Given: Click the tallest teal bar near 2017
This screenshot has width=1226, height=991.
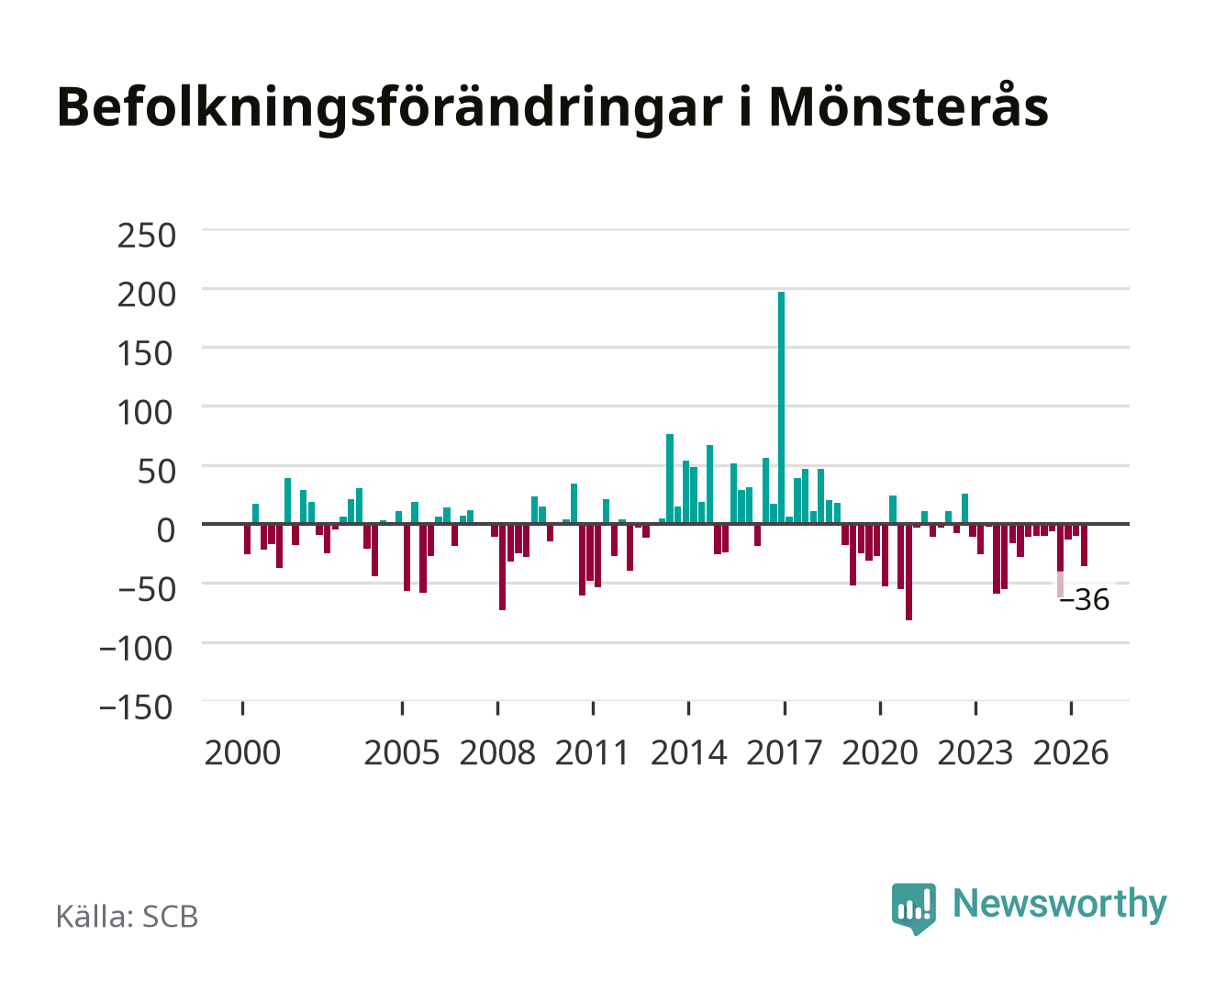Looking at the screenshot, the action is (x=781, y=407).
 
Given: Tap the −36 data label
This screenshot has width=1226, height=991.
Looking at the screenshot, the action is (x=1084, y=600).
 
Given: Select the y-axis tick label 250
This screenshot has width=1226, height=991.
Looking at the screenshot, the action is (x=146, y=236).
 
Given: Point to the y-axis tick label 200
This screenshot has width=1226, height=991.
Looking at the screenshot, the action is (x=146, y=295).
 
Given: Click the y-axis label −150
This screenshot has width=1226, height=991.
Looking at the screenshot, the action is (x=136, y=707).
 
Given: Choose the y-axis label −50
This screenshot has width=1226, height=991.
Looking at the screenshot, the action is (x=146, y=589).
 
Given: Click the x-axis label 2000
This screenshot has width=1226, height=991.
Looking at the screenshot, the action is (x=242, y=752).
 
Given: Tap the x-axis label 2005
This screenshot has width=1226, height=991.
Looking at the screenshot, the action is (x=402, y=752).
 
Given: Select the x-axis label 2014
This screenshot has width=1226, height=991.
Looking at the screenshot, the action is (x=688, y=752).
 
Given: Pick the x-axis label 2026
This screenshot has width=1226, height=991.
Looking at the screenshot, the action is (x=1071, y=752).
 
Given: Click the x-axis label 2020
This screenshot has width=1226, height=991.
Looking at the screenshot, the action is (x=879, y=752).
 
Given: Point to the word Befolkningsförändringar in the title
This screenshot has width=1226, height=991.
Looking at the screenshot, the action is (x=390, y=109).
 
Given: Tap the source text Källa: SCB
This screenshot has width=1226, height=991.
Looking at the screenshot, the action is (x=128, y=916).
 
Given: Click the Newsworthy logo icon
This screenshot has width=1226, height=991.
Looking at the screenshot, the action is (x=913, y=908).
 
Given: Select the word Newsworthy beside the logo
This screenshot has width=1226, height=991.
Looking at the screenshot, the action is (x=1060, y=904).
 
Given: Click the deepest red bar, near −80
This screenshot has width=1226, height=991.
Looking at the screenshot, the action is (x=908, y=572).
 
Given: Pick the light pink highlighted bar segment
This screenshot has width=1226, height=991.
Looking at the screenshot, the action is (x=1060, y=585).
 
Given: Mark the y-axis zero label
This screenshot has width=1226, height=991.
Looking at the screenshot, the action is (x=166, y=530).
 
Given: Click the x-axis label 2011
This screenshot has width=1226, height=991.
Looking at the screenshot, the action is (x=592, y=752).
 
